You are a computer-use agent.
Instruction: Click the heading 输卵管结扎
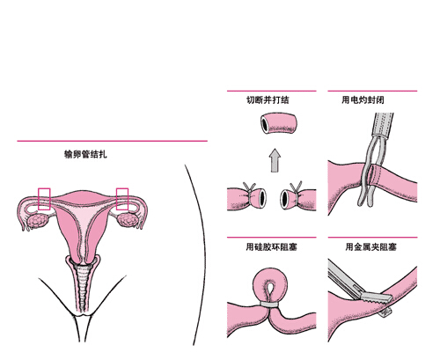pos(85,154)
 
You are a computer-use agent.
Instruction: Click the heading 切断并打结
pos(268,99)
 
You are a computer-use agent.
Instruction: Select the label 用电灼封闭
pos(363,99)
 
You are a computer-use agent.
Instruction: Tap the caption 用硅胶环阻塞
pos(272,246)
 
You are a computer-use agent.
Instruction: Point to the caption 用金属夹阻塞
pos(370,246)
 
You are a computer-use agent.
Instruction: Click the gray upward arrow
pos(275,160)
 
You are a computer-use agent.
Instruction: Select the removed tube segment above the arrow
pos(279,122)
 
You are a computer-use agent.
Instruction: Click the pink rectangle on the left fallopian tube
pos(44,199)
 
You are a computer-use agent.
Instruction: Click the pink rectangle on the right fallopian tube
pos(122,199)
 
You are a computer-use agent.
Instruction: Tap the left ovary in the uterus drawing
pos(37,221)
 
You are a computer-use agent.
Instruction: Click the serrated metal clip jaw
pos(377,298)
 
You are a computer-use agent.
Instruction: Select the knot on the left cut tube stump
pos(249,188)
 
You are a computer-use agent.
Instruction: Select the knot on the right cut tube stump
pos(297,188)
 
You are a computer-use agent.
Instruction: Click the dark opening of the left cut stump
pos(262,198)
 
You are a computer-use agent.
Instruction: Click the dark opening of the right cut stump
pos(284,199)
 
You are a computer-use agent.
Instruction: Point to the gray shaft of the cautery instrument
pos(383,125)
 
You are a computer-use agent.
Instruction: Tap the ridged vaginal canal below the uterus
pos(83,288)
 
